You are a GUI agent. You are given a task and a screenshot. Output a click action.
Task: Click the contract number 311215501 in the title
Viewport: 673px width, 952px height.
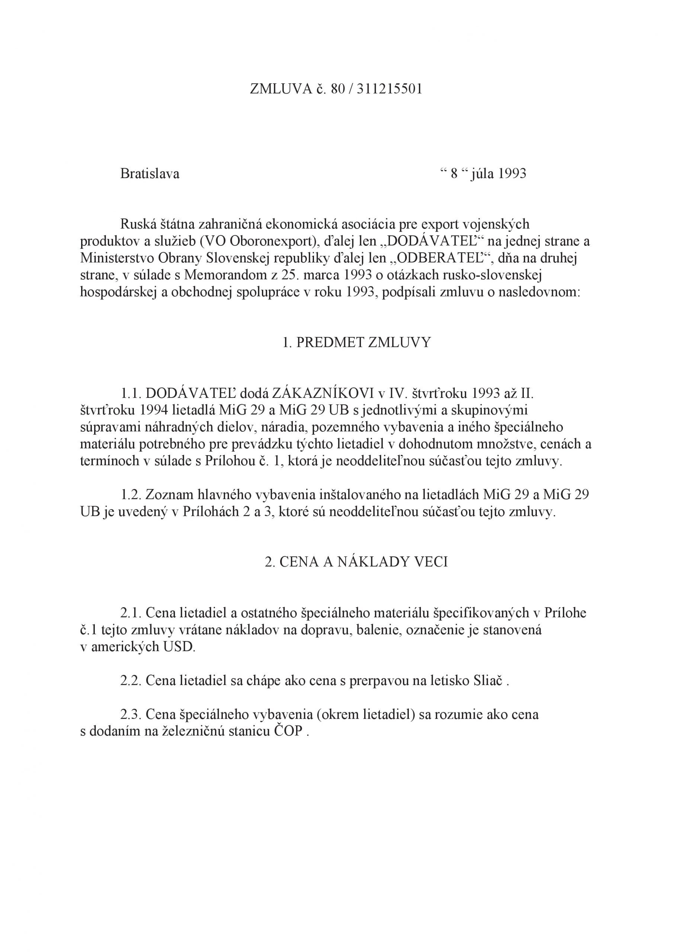coord(389,89)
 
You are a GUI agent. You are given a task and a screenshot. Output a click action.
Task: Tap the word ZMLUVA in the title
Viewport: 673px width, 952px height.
coord(281,89)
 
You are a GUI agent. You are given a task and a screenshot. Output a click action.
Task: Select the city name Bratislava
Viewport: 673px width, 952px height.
coord(150,174)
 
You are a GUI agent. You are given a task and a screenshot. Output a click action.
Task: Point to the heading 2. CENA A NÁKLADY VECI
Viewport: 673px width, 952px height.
coord(356,562)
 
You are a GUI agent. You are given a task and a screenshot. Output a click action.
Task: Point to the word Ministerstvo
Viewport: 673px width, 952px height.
coord(116,258)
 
